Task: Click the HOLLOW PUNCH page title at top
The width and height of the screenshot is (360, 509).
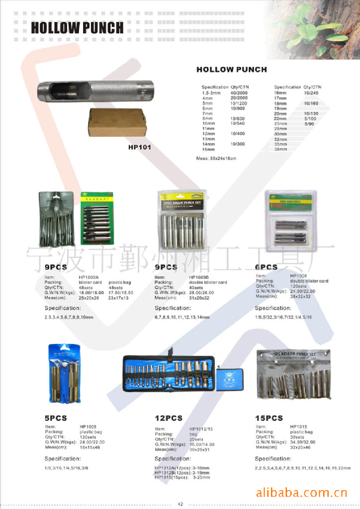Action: pos(77,27)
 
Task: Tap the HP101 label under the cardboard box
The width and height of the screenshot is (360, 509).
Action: pos(139,147)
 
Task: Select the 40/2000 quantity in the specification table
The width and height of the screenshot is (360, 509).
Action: pos(239,92)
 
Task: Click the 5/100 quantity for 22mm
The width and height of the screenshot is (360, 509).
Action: pos(310,119)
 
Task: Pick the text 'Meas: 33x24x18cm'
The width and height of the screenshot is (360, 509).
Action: pos(216,158)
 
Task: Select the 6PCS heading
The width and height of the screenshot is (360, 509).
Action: pos(266,267)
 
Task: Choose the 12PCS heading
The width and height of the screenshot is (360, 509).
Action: pos(169,418)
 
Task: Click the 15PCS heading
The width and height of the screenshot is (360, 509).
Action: pos(269,418)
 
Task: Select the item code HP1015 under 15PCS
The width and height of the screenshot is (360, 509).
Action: pos(298,426)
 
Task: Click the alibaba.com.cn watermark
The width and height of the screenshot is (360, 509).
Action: pos(301,493)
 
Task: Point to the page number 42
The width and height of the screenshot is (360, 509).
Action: pos(180,504)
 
